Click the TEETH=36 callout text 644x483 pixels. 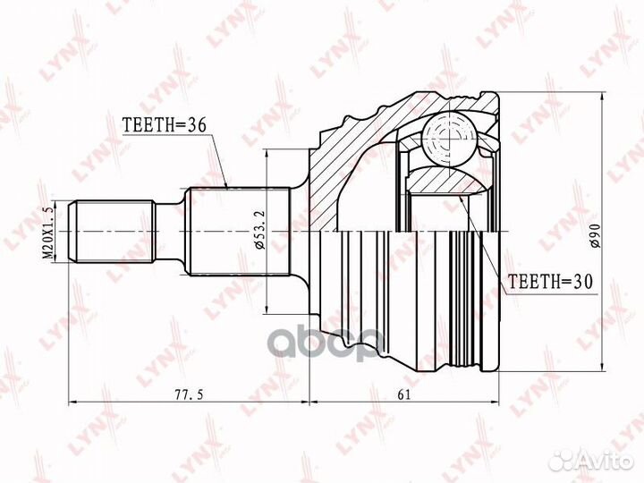[x=164, y=125]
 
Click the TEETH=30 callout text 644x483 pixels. [x=550, y=282]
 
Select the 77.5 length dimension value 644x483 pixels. [x=189, y=394]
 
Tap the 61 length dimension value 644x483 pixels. [x=403, y=394]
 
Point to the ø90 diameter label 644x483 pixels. [x=596, y=235]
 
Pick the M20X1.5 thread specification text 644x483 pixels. [x=48, y=233]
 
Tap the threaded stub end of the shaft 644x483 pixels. [x=113, y=232]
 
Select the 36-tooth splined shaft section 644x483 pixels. [x=238, y=232]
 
